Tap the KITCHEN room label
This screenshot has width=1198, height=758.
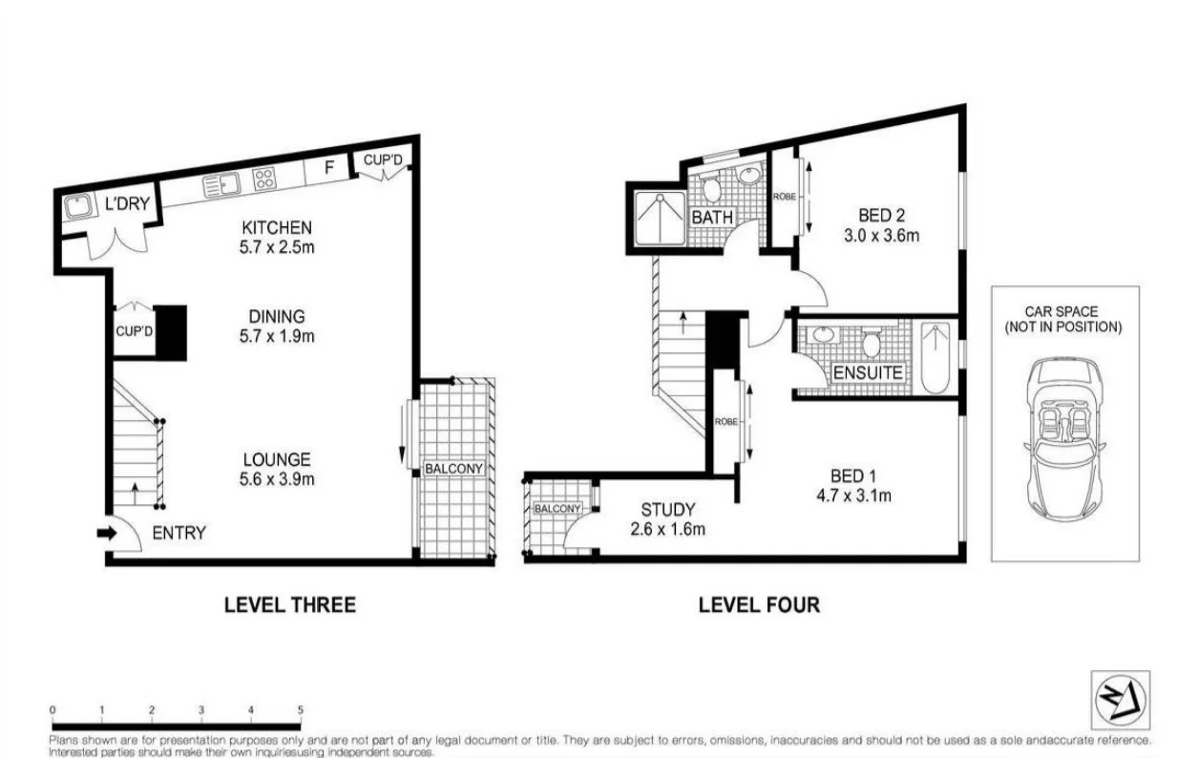[x=277, y=227]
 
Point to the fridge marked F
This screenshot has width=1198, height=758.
[x=329, y=168]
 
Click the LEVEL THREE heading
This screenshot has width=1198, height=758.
[x=289, y=604]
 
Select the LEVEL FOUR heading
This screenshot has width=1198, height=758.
[x=759, y=604]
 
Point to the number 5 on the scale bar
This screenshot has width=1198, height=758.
[x=301, y=710]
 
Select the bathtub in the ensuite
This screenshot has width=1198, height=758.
[x=935, y=358]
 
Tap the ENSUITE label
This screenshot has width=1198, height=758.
[x=868, y=372]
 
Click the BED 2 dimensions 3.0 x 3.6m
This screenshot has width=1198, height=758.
[x=881, y=235]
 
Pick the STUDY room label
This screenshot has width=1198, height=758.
[x=667, y=510]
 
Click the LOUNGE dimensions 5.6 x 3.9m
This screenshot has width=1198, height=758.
[x=277, y=479]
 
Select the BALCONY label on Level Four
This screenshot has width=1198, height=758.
[x=557, y=509]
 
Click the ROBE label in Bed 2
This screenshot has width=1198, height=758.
[x=784, y=196]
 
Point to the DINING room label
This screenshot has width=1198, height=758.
[x=277, y=316]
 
